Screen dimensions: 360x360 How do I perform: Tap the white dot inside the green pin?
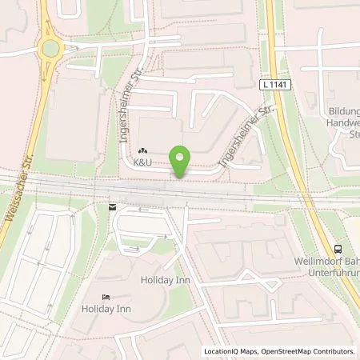pos(182,157)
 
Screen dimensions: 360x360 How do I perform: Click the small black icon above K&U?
pos(143,150)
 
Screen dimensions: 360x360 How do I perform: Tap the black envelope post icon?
pos(111,206)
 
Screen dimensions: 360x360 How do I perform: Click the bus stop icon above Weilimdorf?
pos(338,249)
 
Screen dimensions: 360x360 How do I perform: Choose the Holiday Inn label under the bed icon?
pos(105,308)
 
